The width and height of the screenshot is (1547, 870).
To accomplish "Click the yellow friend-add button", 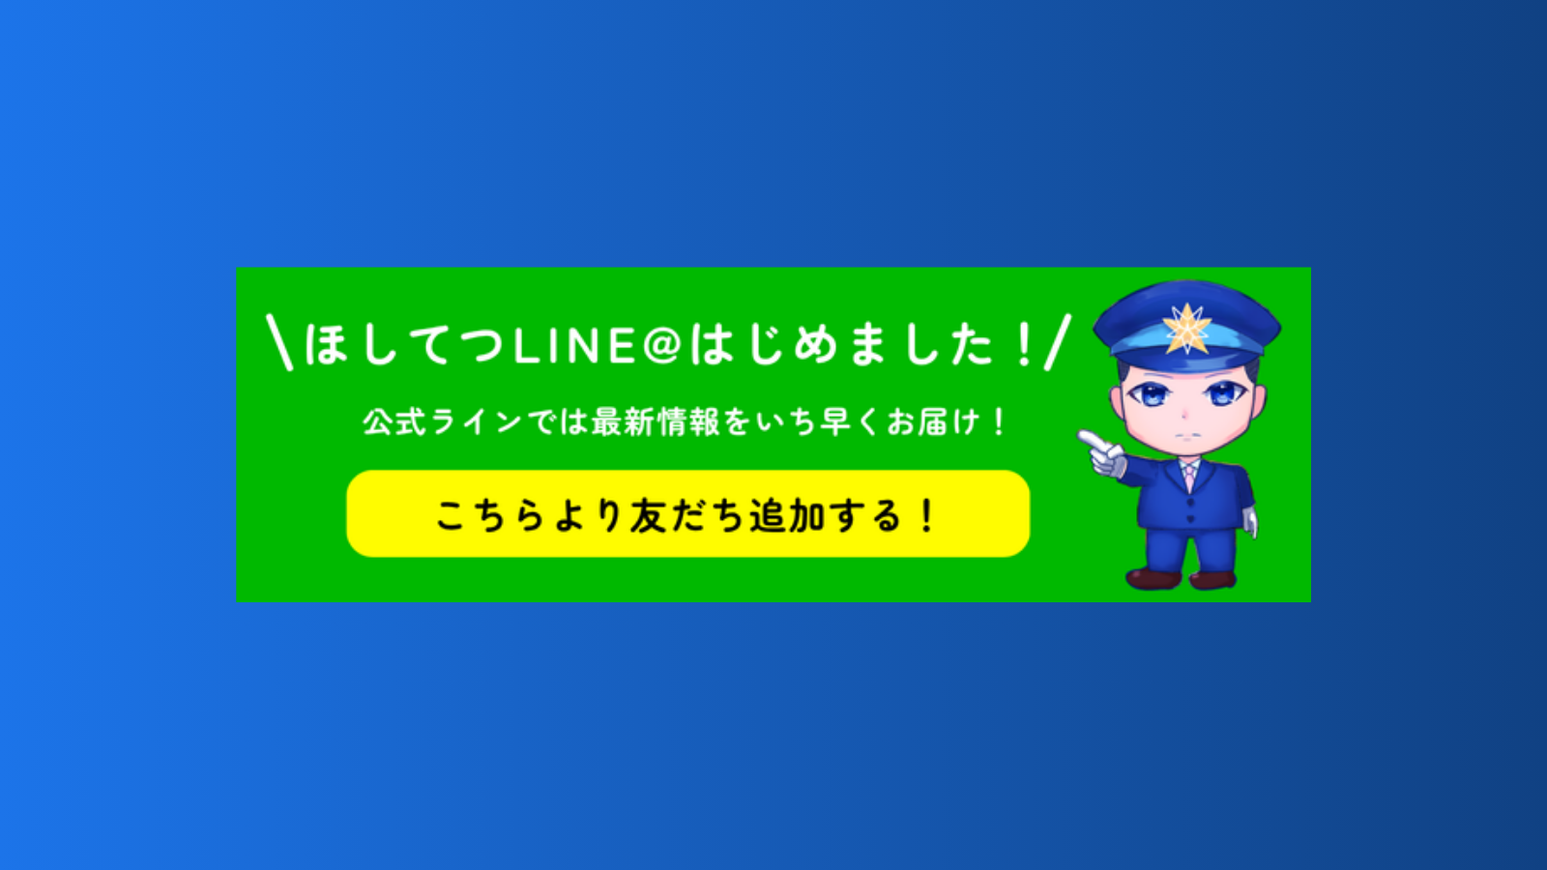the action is tap(687, 513).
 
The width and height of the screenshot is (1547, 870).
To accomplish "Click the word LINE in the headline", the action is tap(575, 346).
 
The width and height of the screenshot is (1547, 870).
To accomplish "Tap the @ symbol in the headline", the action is tap(661, 344).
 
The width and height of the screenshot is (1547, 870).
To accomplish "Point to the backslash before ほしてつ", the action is tap(279, 343).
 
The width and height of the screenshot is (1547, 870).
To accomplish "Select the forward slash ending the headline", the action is tap(1058, 342).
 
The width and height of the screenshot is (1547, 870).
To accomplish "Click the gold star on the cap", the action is tap(1186, 329).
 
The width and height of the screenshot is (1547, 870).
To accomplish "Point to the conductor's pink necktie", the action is tap(1189, 477).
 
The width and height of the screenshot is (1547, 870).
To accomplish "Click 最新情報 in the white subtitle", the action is tap(656, 421).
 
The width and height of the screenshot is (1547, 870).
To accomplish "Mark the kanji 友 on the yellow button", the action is tap(648, 516).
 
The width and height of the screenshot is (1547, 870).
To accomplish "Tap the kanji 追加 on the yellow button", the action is tap(787, 516).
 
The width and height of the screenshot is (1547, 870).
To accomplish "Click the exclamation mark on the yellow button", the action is tap(927, 516).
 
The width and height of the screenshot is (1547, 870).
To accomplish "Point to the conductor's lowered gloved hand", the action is tap(1250, 522).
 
